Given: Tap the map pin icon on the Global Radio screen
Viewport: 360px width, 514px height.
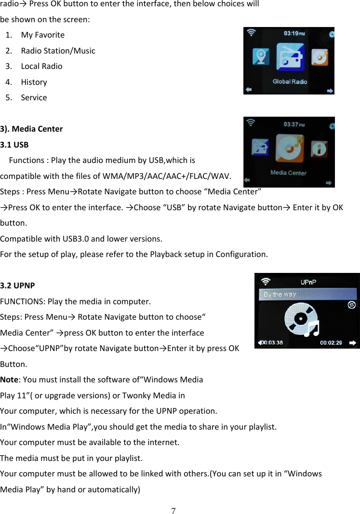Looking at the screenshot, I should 261,57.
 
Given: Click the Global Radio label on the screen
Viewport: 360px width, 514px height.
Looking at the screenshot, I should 290,81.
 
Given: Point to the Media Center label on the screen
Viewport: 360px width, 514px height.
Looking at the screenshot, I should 288,172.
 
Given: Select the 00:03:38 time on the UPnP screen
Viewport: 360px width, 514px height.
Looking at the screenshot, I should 272,342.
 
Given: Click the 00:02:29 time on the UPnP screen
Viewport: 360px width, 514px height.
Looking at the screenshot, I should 332,342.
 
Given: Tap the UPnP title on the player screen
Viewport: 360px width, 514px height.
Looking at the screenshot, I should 308,282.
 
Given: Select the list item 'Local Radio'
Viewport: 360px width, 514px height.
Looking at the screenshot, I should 41,66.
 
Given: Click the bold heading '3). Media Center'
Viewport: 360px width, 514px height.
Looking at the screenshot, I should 31,129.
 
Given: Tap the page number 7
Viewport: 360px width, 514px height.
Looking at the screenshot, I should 173,510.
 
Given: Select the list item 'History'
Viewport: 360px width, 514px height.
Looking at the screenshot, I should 34,82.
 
